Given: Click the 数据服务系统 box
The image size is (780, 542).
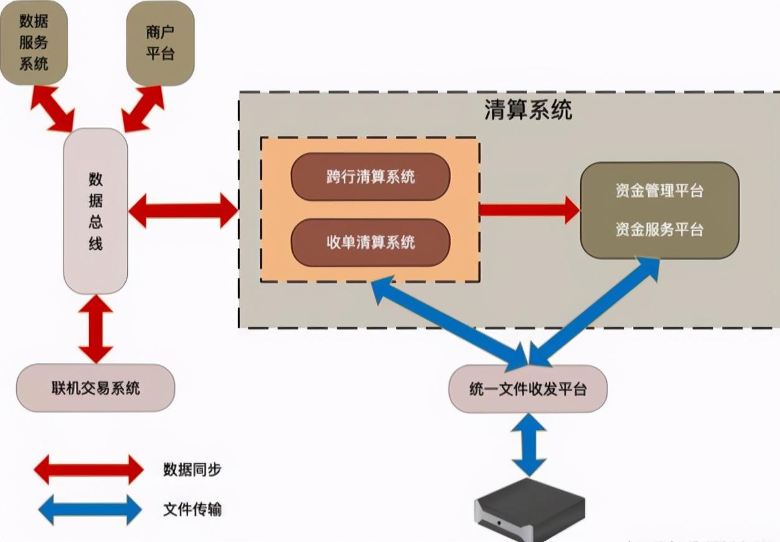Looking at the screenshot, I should pos(34,42).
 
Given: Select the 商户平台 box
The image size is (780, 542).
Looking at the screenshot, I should pos(160,42).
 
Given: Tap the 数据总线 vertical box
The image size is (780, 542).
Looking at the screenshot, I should pos(95,211).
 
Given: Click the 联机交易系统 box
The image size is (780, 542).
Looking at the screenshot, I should pos(95,389).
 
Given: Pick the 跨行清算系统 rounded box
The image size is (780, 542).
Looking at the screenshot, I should pos(370,177).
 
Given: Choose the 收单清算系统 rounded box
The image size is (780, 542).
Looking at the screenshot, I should pos(370,242).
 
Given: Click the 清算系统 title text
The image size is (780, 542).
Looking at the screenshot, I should pos(528,110).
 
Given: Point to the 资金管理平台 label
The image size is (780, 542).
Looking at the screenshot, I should pos(659,191).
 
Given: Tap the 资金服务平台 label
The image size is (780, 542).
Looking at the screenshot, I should pos(659,229).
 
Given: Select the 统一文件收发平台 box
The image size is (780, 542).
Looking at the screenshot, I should pos(528,389).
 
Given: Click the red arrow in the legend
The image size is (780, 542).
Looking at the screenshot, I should pos(88,469).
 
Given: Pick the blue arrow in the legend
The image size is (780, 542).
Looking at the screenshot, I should pos(90,510).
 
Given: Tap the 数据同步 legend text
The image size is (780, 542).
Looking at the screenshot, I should pos(192,469).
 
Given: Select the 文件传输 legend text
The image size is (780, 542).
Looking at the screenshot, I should pos(192,510).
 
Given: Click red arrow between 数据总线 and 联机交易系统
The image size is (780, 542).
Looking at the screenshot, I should pos(96,329).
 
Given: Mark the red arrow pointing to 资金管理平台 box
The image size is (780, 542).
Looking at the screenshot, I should pos(530,209).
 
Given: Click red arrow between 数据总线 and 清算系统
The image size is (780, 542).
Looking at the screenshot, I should pos(183,211).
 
